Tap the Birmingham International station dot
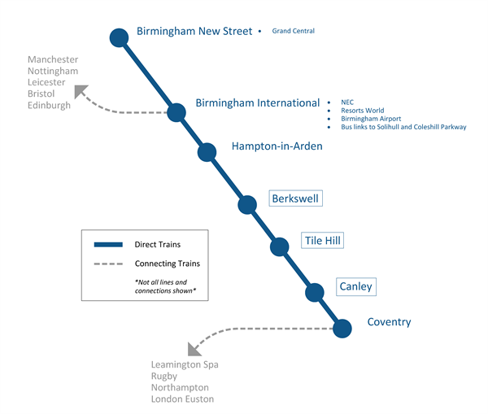(x=176, y=112)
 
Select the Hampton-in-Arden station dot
(x=207, y=152)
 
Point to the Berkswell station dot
(x=247, y=204)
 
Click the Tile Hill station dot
(x=280, y=246)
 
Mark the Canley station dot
(x=314, y=292)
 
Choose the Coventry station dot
(x=342, y=329)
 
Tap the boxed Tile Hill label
(x=322, y=241)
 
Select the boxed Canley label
(x=356, y=286)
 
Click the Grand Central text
(x=293, y=32)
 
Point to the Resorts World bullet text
(x=362, y=110)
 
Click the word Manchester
(x=53, y=60)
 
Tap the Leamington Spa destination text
(x=185, y=365)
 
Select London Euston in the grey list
(x=182, y=399)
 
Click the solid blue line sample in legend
(x=108, y=244)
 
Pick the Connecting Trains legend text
(x=167, y=264)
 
